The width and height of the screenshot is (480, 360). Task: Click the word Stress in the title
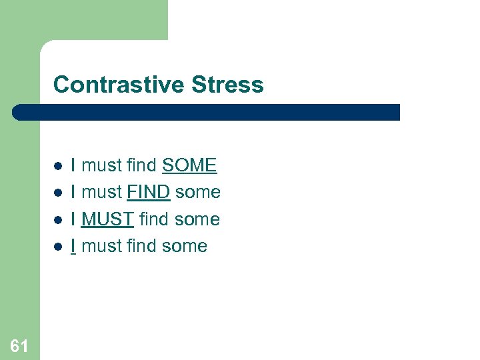(x=227, y=85)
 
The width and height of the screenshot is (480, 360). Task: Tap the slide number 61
(x=19, y=345)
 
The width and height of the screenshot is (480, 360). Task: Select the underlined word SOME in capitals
(x=189, y=165)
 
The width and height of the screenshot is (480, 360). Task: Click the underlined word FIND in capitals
(x=149, y=192)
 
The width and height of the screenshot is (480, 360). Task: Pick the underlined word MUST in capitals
(x=107, y=219)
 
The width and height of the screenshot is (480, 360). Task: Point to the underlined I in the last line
(x=73, y=245)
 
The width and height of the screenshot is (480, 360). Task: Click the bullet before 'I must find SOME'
(x=58, y=166)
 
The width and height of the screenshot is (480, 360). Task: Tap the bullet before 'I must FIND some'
(x=58, y=193)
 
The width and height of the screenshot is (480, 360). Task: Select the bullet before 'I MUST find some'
(x=58, y=219)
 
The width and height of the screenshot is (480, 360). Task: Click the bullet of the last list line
(x=58, y=246)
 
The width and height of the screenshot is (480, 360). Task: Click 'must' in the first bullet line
(x=101, y=165)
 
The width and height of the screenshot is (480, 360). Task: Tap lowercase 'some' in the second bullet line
(x=198, y=192)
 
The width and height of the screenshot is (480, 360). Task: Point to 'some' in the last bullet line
(x=185, y=245)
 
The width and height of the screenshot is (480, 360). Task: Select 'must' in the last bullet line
(x=101, y=245)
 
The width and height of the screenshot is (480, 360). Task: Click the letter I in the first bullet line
(x=73, y=165)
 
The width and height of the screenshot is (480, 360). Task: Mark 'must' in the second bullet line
(x=101, y=192)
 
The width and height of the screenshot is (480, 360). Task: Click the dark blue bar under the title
(x=207, y=112)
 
